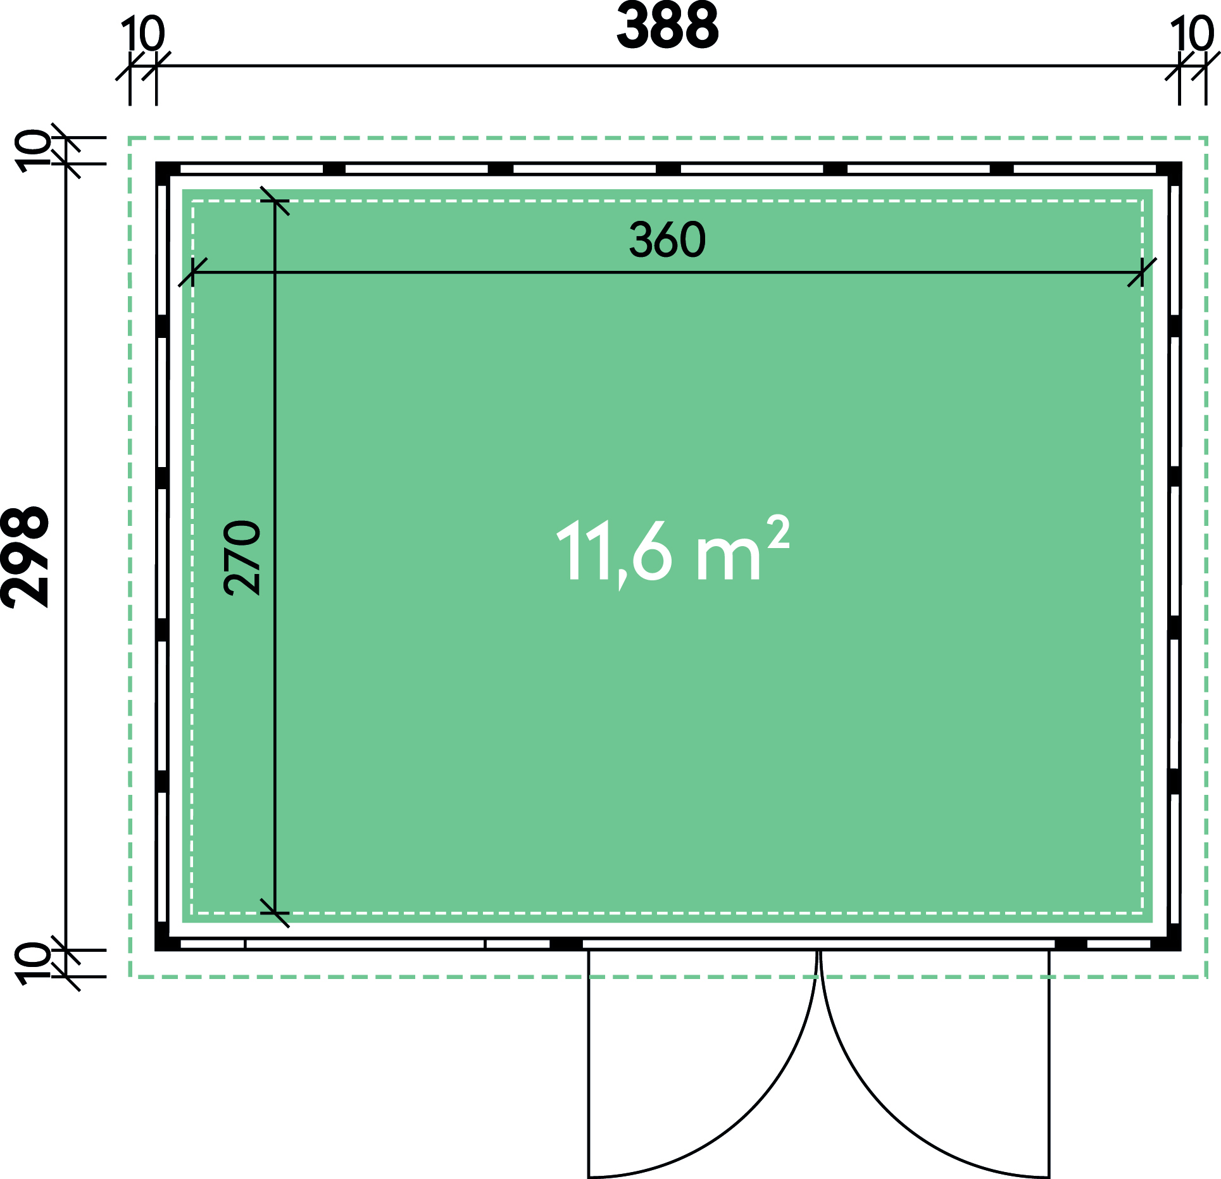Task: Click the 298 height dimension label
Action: click(x=25, y=557)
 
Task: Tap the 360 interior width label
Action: click(x=667, y=240)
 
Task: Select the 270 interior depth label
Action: click(x=242, y=558)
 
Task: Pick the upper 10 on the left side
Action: click(x=34, y=151)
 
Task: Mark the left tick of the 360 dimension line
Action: click(x=192, y=272)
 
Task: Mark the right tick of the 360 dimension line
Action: click(x=1142, y=272)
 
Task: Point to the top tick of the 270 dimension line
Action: click(x=275, y=201)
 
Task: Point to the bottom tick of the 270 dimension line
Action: click(x=275, y=913)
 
